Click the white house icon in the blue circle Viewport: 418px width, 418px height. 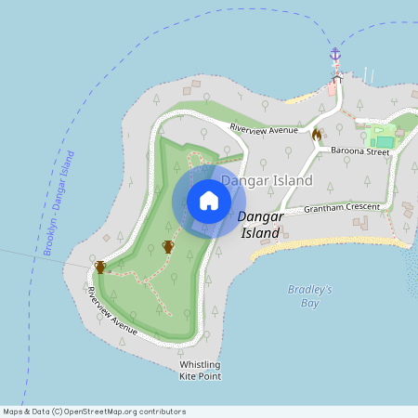click(x=209, y=201)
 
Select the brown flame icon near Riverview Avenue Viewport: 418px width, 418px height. click(x=316, y=136)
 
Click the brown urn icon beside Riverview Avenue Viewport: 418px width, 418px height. click(x=100, y=268)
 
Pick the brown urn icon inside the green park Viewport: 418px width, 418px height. click(x=168, y=246)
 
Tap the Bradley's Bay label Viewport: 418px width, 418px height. click(x=310, y=296)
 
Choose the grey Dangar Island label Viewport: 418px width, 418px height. click(x=267, y=180)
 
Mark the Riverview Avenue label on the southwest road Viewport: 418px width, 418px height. click(x=112, y=311)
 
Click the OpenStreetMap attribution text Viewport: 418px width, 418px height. click(x=94, y=411)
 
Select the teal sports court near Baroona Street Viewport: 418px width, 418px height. click(x=384, y=142)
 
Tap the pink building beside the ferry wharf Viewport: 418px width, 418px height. click(x=332, y=90)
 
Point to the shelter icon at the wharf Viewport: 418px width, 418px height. click(x=337, y=78)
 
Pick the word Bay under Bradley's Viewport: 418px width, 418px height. click(x=310, y=303)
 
